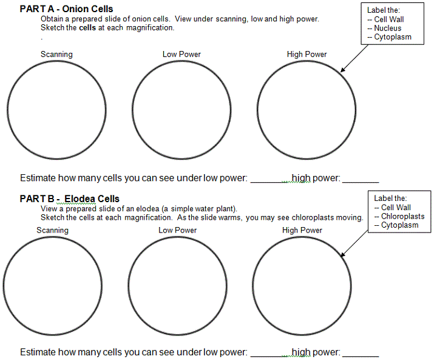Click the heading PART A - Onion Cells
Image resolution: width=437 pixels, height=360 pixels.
pos(66,9)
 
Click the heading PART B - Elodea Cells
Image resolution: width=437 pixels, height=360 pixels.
pos(69,199)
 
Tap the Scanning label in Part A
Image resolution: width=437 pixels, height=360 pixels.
pos(56,55)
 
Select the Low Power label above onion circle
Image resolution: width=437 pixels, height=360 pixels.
pos(181,55)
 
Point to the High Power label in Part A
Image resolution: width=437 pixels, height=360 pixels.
pos(307,55)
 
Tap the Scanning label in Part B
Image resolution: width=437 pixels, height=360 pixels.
pos(52,231)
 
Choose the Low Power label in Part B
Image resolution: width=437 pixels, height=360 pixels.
pos(177,231)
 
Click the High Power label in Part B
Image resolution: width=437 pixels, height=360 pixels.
pos(302,231)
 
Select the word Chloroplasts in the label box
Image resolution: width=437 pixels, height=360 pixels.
pos(402,216)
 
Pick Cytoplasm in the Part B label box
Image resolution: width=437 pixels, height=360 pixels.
pos(399,225)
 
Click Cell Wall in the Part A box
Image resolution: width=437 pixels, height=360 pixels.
pos(389,19)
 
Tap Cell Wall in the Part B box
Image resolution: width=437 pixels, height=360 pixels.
pos(396,208)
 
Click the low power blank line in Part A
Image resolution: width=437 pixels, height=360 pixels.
pos(271,181)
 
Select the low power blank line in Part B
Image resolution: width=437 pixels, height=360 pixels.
pos(271,355)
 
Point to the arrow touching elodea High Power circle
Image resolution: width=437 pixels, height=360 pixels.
pos(356,242)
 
